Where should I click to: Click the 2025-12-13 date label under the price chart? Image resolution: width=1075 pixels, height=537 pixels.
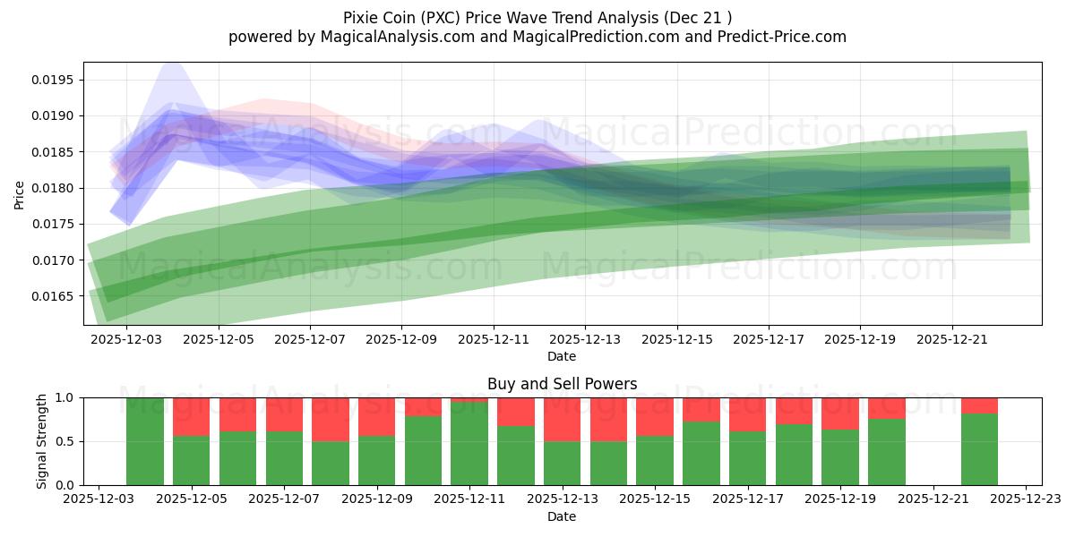tap(585, 340)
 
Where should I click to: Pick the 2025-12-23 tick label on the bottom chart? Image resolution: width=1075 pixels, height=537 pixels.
tap(1027, 500)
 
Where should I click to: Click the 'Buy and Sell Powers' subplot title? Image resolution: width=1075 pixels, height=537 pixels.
tap(562, 384)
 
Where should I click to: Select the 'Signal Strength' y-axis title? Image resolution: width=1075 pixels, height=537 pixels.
tap(42, 441)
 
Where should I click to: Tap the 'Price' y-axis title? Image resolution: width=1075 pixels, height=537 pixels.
tap(20, 193)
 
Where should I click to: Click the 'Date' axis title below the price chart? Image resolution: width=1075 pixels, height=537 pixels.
tap(562, 356)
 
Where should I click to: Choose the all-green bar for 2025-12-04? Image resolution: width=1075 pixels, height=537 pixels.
tap(145, 441)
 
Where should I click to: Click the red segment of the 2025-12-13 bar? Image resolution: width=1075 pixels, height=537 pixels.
tap(563, 419)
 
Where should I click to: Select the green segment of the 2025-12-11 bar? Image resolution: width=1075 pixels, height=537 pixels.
tap(469, 444)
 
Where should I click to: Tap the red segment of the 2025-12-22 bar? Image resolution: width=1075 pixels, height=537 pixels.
tap(979, 405)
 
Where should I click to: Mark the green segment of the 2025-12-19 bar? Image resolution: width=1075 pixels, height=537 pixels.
tap(840, 457)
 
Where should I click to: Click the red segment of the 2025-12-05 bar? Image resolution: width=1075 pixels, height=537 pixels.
tap(191, 416)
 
